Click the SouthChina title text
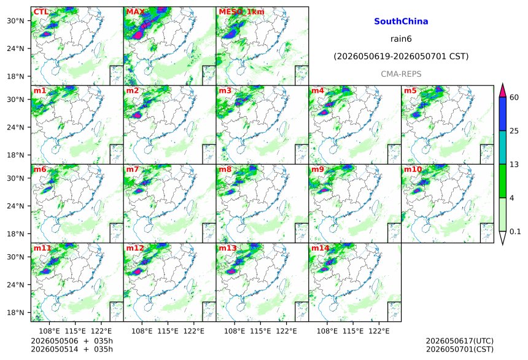(x=401, y=22)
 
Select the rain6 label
(x=401, y=39)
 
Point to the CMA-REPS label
(x=401, y=74)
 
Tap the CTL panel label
(x=41, y=12)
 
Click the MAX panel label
(x=135, y=12)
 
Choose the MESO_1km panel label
(x=241, y=12)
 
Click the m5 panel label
(x=410, y=91)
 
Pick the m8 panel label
(x=225, y=169)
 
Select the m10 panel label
(x=413, y=169)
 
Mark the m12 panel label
(x=135, y=248)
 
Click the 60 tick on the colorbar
(x=514, y=98)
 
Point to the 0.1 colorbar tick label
(x=515, y=232)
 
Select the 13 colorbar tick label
(x=514, y=165)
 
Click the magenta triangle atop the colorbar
(x=503, y=90)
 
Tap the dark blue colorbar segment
(x=503, y=114)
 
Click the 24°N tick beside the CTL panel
(x=15, y=49)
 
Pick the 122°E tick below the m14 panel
(x=379, y=331)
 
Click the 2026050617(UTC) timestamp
(x=460, y=341)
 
